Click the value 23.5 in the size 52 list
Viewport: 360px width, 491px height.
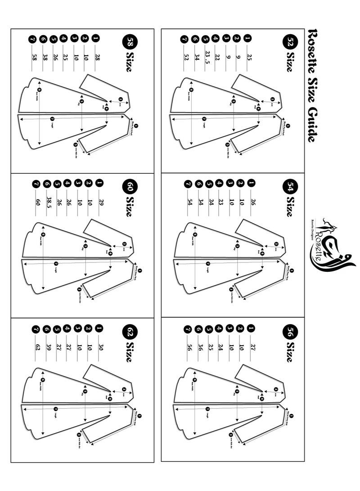pos(207,57)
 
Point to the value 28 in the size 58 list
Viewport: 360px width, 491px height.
pos(96,56)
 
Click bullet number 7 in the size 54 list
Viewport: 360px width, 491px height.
pos(186,184)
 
